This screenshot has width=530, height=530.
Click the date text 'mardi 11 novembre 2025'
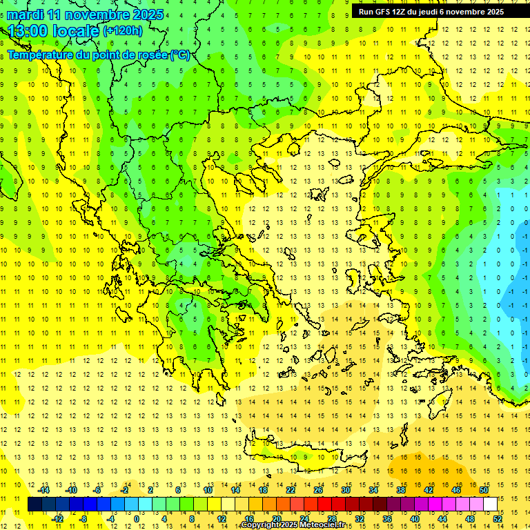pos(86,14)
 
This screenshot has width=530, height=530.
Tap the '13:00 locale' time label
pos(54,31)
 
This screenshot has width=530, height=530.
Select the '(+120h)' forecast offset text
pos(123,31)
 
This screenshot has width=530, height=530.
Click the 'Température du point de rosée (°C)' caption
pos(98,55)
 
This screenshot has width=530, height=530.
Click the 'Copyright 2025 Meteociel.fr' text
pos(293,525)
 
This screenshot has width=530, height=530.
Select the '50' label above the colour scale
pos(483,490)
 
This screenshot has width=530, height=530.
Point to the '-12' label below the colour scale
pos(58,518)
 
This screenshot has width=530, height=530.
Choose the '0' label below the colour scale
pos(137,518)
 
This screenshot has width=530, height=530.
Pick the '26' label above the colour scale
pos(318,490)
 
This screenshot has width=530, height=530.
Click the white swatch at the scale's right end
pos(491,504)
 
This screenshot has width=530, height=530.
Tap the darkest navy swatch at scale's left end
pos(35,504)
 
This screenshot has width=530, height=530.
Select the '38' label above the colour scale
pos(400,490)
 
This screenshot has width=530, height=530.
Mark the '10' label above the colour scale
pos(208,490)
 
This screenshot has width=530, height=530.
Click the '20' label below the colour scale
pos(276,518)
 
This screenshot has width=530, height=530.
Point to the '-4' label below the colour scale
pos(111,518)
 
